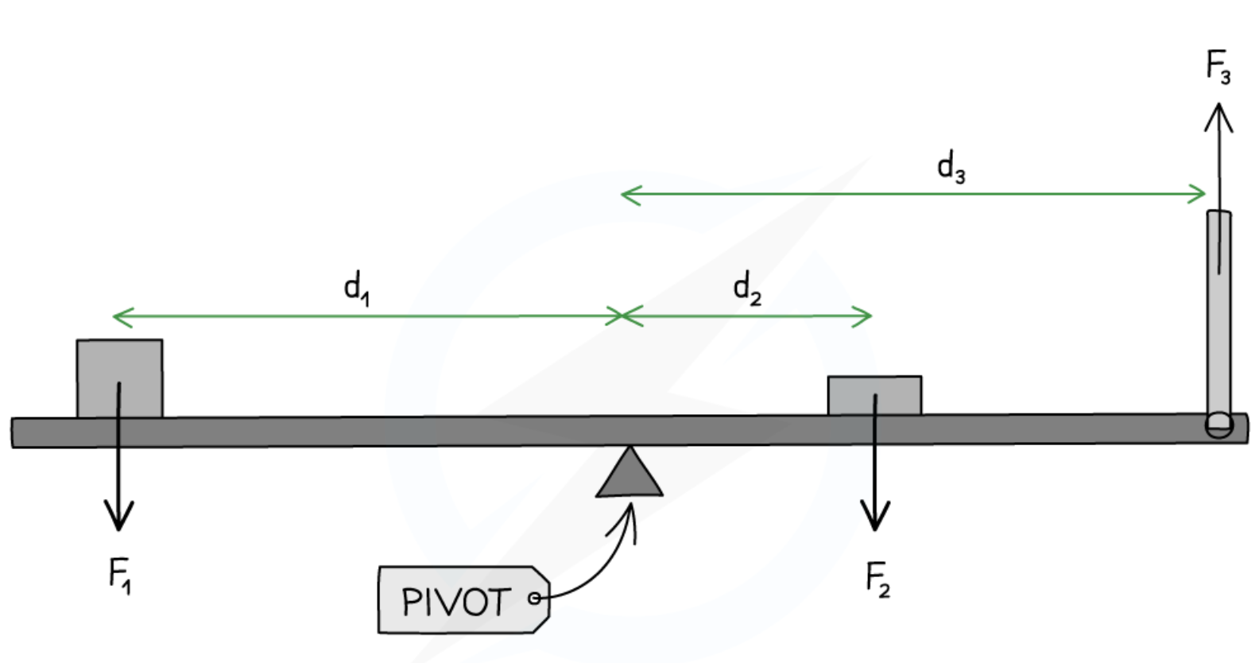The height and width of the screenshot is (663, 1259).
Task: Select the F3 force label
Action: tap(1218, 66)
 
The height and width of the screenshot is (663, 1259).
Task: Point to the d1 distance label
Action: tap(356, 287)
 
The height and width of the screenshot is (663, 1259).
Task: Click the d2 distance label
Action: tap(747, 288)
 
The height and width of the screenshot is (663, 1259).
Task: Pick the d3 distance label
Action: tap(951, 168)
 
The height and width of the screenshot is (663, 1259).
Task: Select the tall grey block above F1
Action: tap(119, 378)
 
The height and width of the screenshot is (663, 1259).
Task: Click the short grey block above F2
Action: tap(874, 395)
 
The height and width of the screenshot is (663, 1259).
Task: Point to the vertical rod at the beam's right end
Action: tap(1218, 318)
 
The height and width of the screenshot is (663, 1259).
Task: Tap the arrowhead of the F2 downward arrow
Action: tap(875, 520)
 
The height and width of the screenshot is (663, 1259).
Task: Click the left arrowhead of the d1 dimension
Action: tap(119, 317)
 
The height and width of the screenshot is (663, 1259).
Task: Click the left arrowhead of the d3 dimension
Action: tap(627, 194)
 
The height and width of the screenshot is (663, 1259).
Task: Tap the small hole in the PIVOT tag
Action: tap(535, 598)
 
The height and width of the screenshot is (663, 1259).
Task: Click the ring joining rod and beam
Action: tap(1218, 425)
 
